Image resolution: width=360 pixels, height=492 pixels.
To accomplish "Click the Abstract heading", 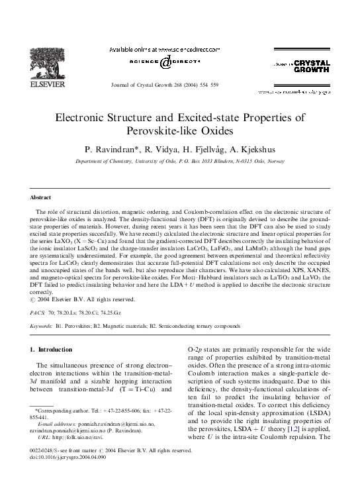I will (41, 197).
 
